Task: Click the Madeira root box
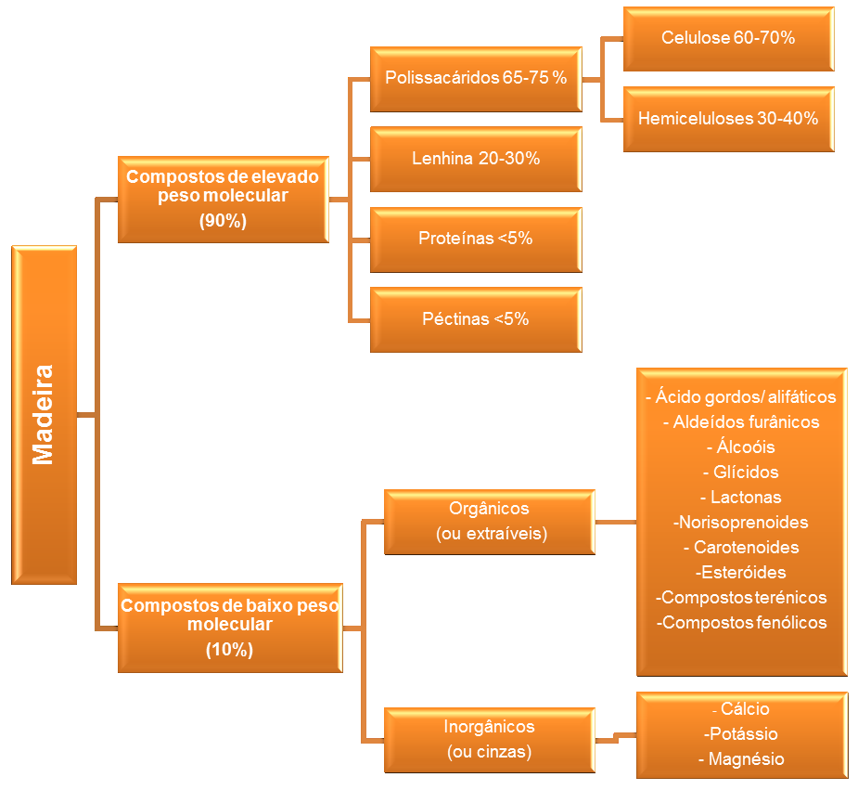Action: pyautogui.click(x=44, y=415)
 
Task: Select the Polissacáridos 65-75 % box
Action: pyautogui.click(x=476, y=80)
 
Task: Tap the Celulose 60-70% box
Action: pyautogui.click(x=728, y=39)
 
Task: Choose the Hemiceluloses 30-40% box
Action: pyautogui.click(x=728, y=119)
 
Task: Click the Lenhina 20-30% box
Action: pyautogui.click(x=476, y=160)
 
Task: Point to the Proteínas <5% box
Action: pyautogui.click(x=476, y=240)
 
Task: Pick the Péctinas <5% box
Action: pyautogui.click(x=476, y=319)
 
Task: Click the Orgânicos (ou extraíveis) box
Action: pyautogui.click(x=489, y=522)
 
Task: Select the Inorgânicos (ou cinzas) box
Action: pyautogui.click(x=489, y=740)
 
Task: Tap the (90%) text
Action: pyautogui.click(x=223, y=221)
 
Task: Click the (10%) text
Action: pyautogui.click(x=229, y=649)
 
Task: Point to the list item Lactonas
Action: pyautogui.click(x=740, y=497)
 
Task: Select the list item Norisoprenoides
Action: pyautogui.click(x=740, y=523)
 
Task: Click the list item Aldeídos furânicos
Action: pyautogui.click(x=741, y=422)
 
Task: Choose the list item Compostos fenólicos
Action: pyautogui.click(x=741, y=623)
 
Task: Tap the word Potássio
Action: pyautogui.click(x=740, y=733)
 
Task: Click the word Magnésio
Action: pyautogui.click(x=741, y=758)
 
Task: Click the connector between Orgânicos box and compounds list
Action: pyautogui.click(x=616, y=523)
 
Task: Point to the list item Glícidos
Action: pyautogui.click(x=740, y=472)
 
